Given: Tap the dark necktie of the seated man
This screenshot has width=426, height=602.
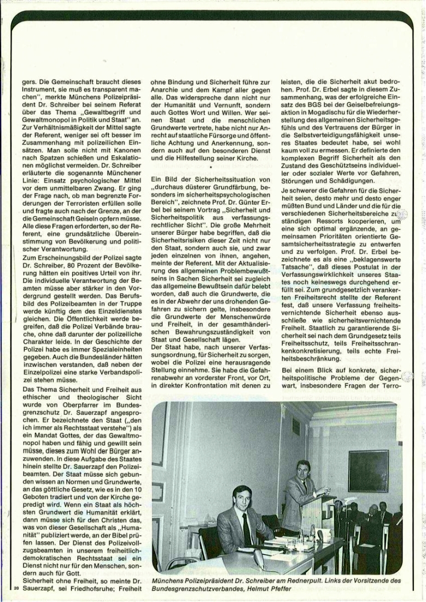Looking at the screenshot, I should [246, 528].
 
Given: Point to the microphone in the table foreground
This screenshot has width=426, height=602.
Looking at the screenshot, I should [258, 559].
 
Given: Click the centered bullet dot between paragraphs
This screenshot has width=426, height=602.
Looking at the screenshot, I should [209, 166].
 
